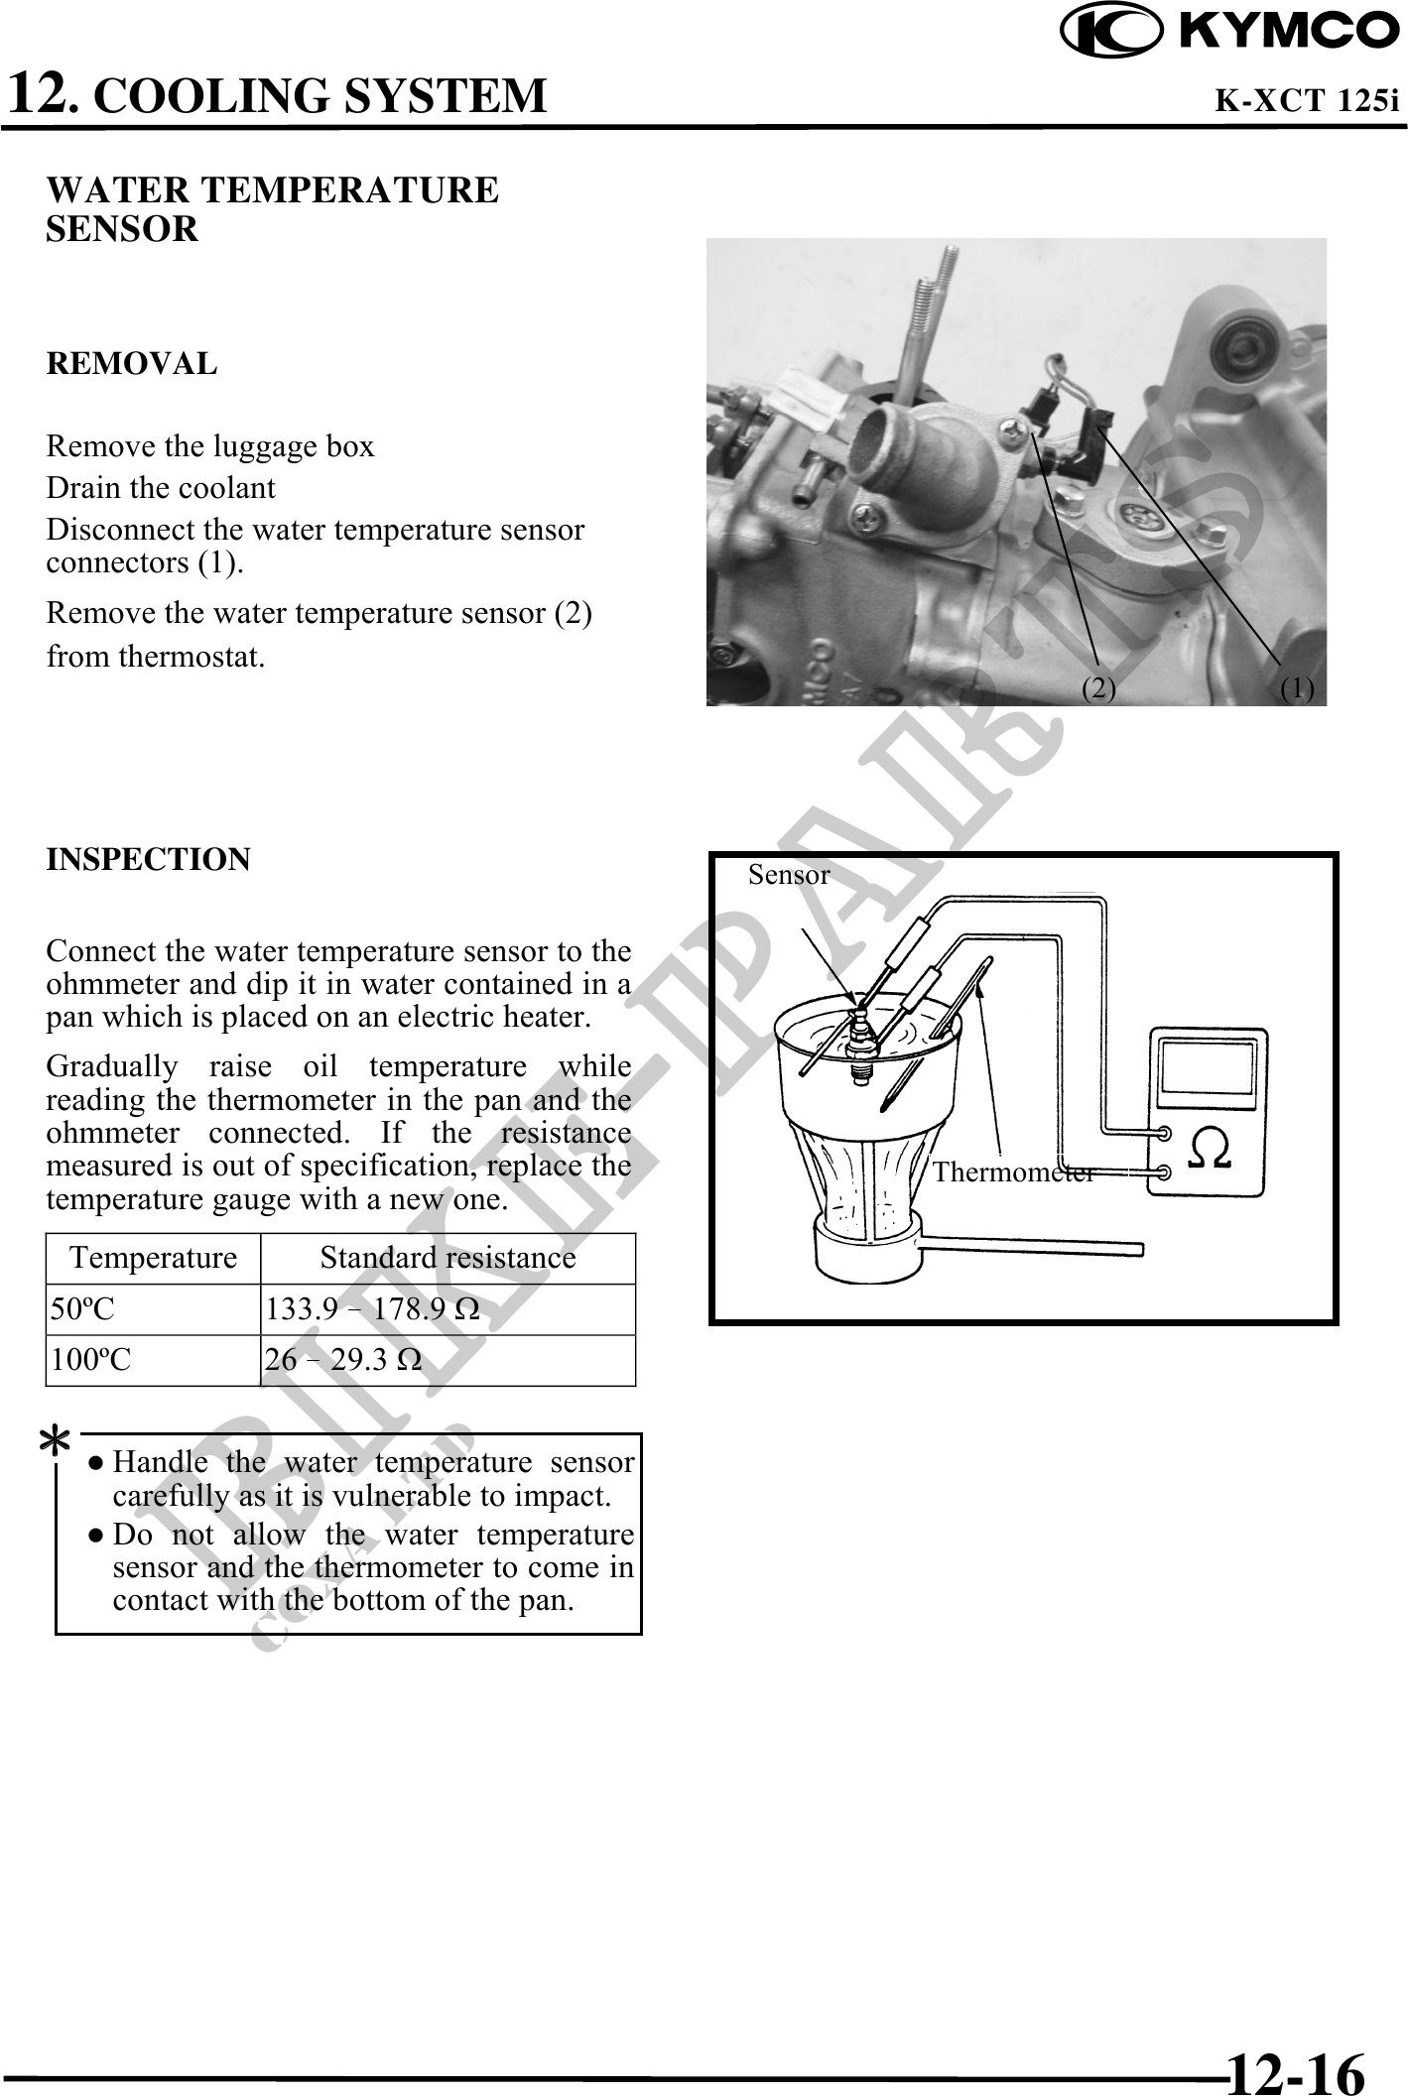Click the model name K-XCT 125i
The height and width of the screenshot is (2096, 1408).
1307,101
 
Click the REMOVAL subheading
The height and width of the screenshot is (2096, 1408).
131,364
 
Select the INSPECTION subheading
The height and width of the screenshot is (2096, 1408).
148,859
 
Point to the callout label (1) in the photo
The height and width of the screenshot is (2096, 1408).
1297,687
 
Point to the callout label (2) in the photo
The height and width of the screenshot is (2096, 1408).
1098,687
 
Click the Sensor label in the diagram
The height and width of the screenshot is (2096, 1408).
789,875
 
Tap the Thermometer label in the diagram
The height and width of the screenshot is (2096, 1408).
1013,1172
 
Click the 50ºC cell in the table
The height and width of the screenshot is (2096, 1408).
83,1309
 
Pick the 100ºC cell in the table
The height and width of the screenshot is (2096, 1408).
90,1360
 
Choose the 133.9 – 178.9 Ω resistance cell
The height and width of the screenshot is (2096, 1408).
373,1309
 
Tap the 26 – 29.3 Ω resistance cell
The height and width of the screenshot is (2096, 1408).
343,1360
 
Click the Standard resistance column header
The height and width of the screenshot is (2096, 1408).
448,1258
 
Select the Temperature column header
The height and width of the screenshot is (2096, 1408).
154,1258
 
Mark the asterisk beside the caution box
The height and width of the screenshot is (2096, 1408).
55,1441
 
